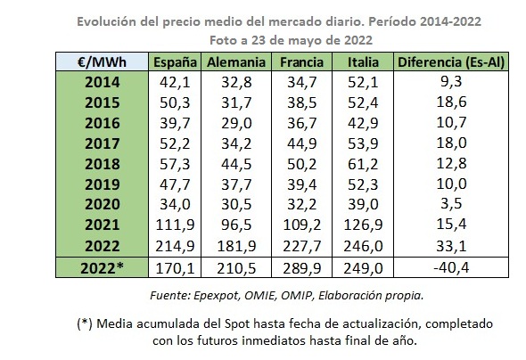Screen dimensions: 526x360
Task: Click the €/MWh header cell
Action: point(102,62)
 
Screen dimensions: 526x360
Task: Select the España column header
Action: point(175,62)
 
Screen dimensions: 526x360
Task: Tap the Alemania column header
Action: point(236,62)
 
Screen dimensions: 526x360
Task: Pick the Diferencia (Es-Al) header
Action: point(451,62)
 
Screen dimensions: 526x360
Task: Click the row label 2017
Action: point(103,143)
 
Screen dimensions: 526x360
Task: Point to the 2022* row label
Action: point(102,268)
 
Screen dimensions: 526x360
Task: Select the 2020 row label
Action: point(103,204)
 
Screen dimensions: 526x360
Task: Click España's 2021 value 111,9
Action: point(175,225)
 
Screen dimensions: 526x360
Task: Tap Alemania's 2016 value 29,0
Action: point(236,123)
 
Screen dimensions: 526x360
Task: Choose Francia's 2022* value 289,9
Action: point(302,268)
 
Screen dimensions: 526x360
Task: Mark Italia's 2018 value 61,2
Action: point(363,164)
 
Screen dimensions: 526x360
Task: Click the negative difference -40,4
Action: point(451,268)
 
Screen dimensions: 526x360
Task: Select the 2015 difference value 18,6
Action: point(451,102)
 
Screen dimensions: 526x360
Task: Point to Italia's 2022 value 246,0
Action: point(363,246)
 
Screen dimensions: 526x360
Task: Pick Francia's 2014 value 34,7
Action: point(302,83)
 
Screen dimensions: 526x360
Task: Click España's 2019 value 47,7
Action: point(175,184)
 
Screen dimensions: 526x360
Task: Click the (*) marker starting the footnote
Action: point(85,323)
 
